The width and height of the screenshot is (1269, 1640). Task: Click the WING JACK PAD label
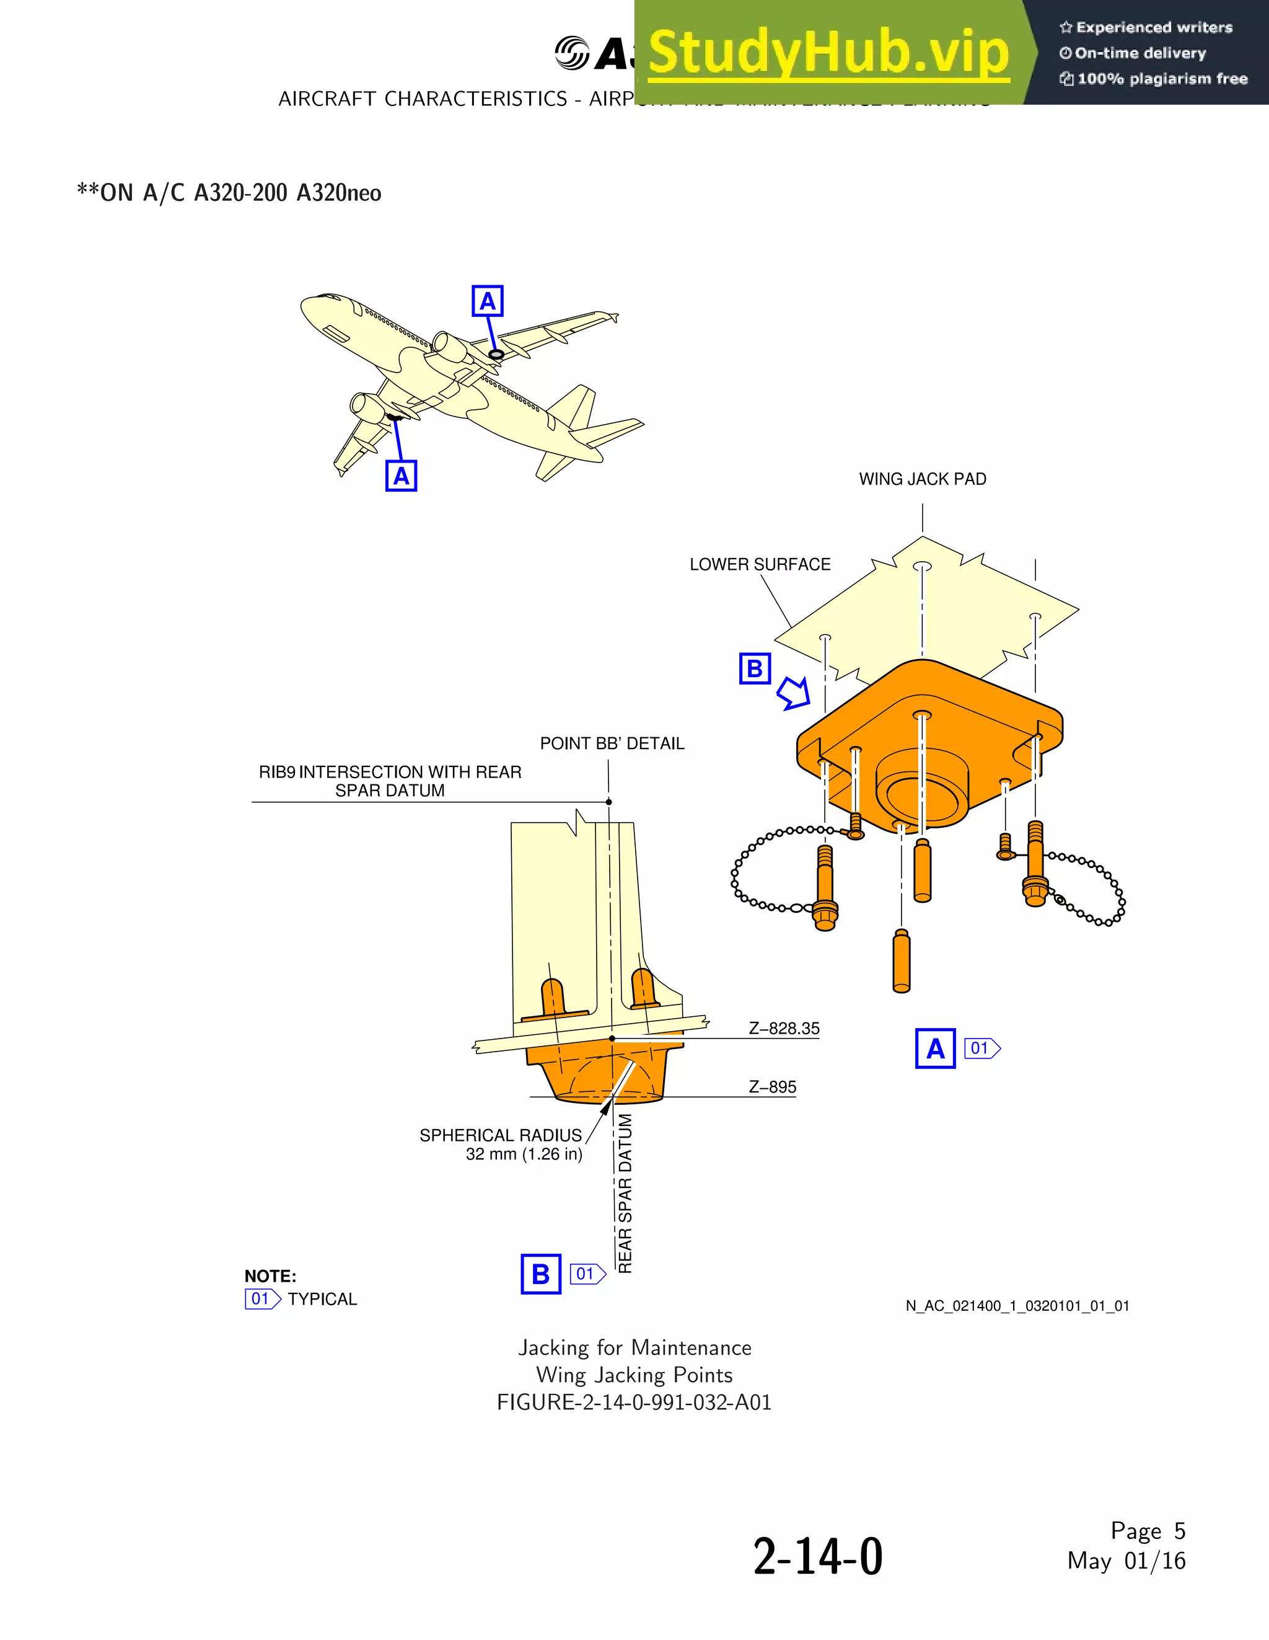coord(922,479)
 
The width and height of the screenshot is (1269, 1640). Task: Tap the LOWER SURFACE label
coord(760,565)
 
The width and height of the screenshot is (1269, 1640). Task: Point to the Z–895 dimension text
coord(772,1088)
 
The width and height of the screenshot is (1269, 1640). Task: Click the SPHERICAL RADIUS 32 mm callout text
coord(501,1145)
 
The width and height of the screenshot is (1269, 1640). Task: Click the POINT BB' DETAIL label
coord(612,743)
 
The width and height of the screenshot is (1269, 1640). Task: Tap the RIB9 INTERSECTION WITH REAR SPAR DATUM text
coord(390,781)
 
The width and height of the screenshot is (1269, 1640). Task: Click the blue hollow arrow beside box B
coord(794,693)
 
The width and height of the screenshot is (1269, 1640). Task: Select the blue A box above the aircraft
coord(487,301)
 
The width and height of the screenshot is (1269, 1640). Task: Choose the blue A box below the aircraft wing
coord(401,476)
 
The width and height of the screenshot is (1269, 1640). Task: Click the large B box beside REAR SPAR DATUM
coord(540,1274)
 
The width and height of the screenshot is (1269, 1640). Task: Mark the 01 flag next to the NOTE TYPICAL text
coord(262,1299)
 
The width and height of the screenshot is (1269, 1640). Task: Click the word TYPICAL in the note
coord(322,1299)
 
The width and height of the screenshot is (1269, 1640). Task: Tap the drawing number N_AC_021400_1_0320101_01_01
coord(1017,1306)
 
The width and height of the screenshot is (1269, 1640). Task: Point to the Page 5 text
coord(1148,1530)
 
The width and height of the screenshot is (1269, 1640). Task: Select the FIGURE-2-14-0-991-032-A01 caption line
coord(634,1403)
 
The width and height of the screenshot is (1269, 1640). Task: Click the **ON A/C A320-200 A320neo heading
coord(229,193)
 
